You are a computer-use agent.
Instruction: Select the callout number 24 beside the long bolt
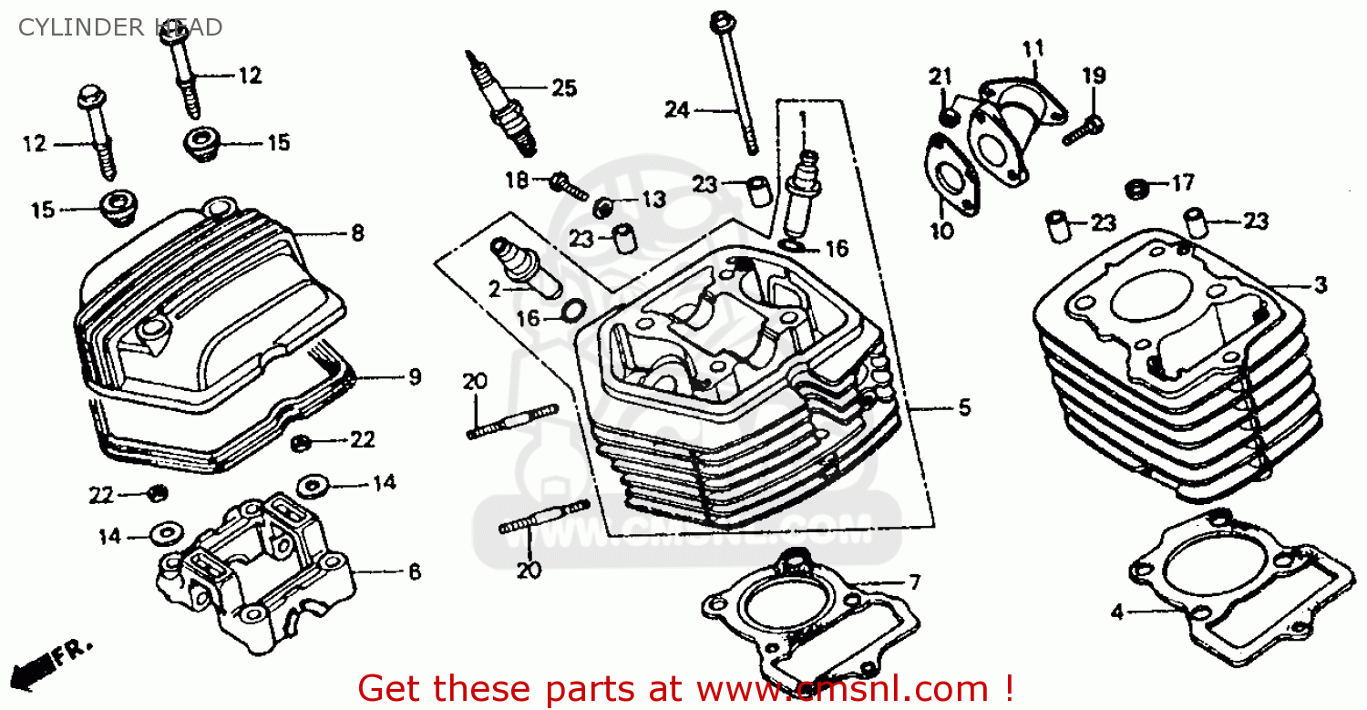pyautogui.click(x=676, y=110)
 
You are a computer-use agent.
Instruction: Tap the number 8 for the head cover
pyautogui.click(x=357, y=233)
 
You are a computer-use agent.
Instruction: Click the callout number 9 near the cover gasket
pyautogui.click(x=415, y=376)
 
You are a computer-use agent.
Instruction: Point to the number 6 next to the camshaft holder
pyautogui.click(x=415, y=571)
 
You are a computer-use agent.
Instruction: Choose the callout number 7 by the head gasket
pyautogui.click(x=914, y=581)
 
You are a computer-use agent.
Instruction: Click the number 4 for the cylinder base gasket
pyautogui.click(x=1117, y=612)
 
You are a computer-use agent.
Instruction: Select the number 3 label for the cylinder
pyautogui.click(x=1321, y=285)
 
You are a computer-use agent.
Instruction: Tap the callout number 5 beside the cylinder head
pyautogui.click(x=964, y=408)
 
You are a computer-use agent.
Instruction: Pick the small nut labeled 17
pyautogui.click(x=1136, y=189)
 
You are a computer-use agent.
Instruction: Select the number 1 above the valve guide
pyautogui.click(x=803, y=118)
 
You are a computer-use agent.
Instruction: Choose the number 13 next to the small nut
pyautogui.click(x=653, y=199)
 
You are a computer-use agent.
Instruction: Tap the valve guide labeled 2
pyautogui.click(x=524, y=266)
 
